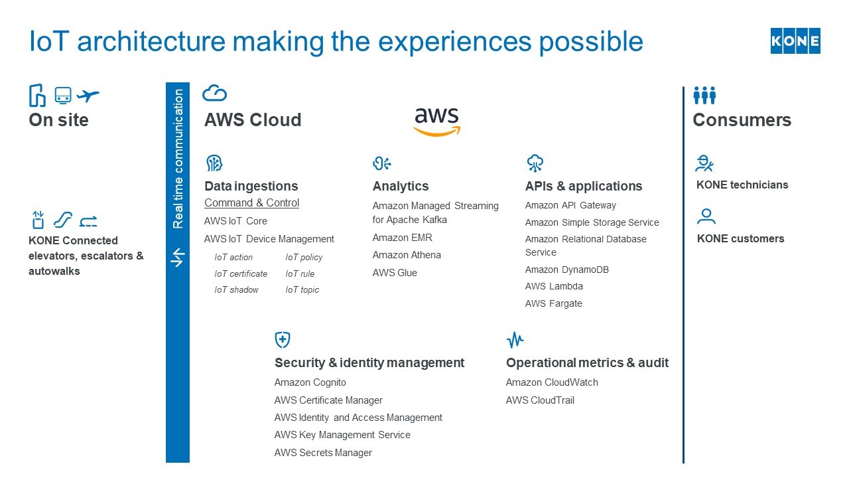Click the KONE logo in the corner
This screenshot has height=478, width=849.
[x=795, y=41]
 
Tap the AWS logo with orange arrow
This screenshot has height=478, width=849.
[x=436, y=121]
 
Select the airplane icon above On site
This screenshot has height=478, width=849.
[x=88, y=96]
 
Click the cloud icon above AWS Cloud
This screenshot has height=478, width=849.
[x=214, y=93]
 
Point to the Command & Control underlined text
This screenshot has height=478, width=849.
[x=251, y=203]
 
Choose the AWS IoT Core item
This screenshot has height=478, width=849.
[x=235, y=221]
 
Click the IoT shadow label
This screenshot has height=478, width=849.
[x=236, y=290]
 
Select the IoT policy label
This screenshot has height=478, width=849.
[x=304, y=258]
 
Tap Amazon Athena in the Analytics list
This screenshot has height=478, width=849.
[x=406, y=255]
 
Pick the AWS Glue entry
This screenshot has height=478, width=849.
[x=395, y=273]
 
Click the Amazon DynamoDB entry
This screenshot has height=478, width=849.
[x=566, y=270]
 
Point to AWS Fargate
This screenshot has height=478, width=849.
[x=553, y=303]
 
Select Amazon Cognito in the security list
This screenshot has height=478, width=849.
[x=310, y=382]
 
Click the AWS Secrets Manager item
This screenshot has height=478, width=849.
[x=323, y=453]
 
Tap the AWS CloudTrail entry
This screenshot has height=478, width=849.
[x=540, y=400]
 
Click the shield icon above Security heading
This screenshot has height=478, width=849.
[x=283, y=340]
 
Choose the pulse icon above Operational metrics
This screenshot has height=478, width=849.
[x=515, y=341]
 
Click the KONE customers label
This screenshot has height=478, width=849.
[x=740, y=238]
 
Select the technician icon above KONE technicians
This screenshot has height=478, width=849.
[x=704, y=163]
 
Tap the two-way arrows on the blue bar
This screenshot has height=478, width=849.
[x=177, y=258]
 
